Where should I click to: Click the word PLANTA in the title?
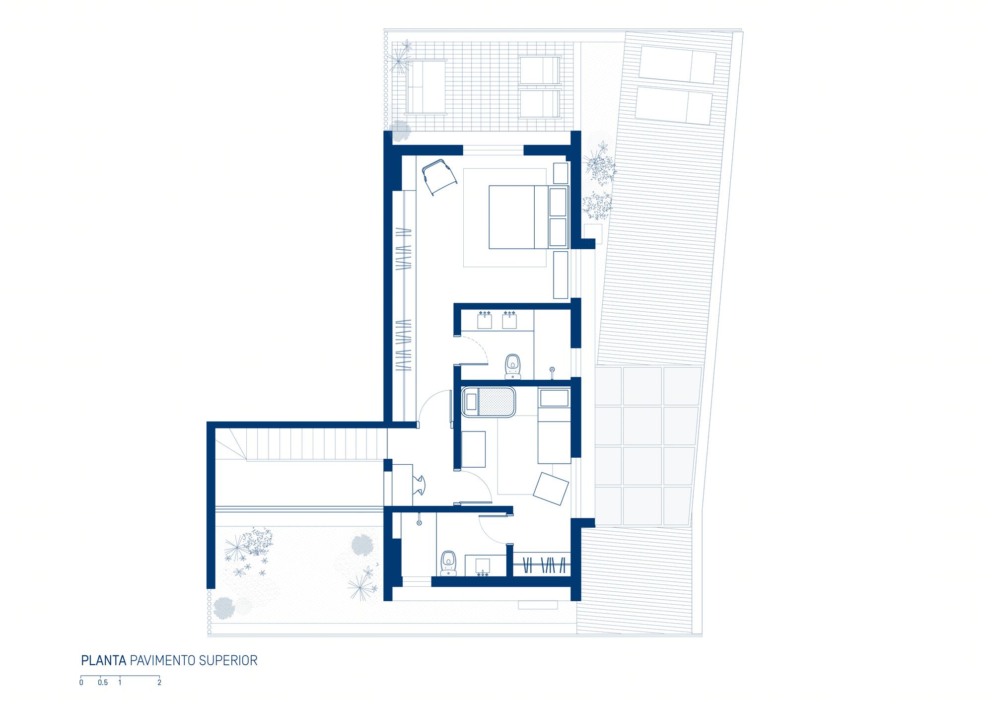tap(103, 661)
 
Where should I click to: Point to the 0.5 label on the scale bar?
tap(103, 683)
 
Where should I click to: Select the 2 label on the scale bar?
tap(159, 683)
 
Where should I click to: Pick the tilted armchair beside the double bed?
tap(439, 177)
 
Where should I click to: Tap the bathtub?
tap(489, 402)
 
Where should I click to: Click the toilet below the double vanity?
tap(513, 366)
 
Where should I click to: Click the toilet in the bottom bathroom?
tap(448, 563)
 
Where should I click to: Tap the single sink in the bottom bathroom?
tap(483, 566)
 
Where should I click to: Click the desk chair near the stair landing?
tap(419, 486)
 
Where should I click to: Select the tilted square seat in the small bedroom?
tap(551, 489)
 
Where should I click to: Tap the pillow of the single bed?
tap(554, 398)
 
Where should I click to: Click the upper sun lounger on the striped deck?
tap(678, 65)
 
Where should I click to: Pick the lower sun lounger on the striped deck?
tap(674, 106)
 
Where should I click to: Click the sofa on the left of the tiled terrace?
tap(426, 87)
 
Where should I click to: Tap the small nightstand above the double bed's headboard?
tap(561, 173)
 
